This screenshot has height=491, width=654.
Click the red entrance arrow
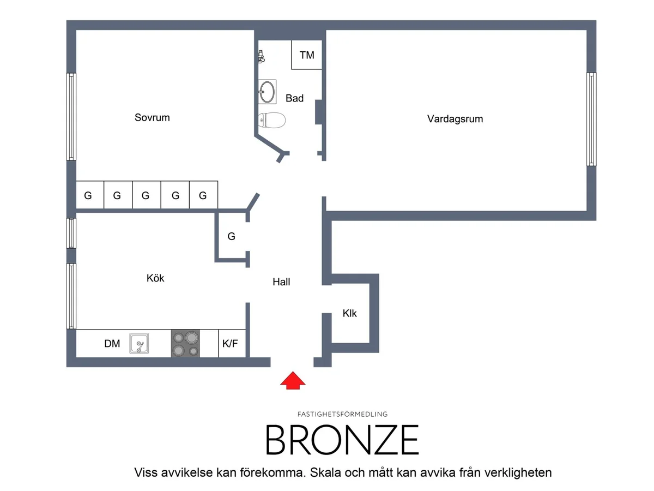[x=292, y=380]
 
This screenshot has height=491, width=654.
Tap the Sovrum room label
[x=152, y=117]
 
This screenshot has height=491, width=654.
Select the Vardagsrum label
[x=455, y=119]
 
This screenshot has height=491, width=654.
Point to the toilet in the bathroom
[x=271, y=120]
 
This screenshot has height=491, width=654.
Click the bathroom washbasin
[x=267, y=92]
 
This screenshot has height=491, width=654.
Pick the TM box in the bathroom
[x=307, y=55]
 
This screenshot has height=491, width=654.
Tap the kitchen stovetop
[x=185, y=343]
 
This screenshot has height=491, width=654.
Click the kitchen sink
[x=139, y=343]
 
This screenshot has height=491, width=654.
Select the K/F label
[x=230, y=344]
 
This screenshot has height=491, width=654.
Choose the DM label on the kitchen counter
[x=112, y=344]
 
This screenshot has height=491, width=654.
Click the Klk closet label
[x=349, y=313]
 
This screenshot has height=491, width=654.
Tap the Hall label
[x=281, y=282]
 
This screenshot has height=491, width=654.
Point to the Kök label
[x=155, y=278]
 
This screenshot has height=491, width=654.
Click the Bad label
[x=294, y=98]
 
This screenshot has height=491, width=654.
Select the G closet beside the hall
[x=231, y=236]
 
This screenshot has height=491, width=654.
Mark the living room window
[x=591, y=119]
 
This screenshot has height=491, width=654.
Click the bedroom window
[x=71, y=117]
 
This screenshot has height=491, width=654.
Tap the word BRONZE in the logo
[x=342, y=440]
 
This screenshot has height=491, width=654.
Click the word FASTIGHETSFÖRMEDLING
[x=342, y=414]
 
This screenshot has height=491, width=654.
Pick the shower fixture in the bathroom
[x=261, y=57]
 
